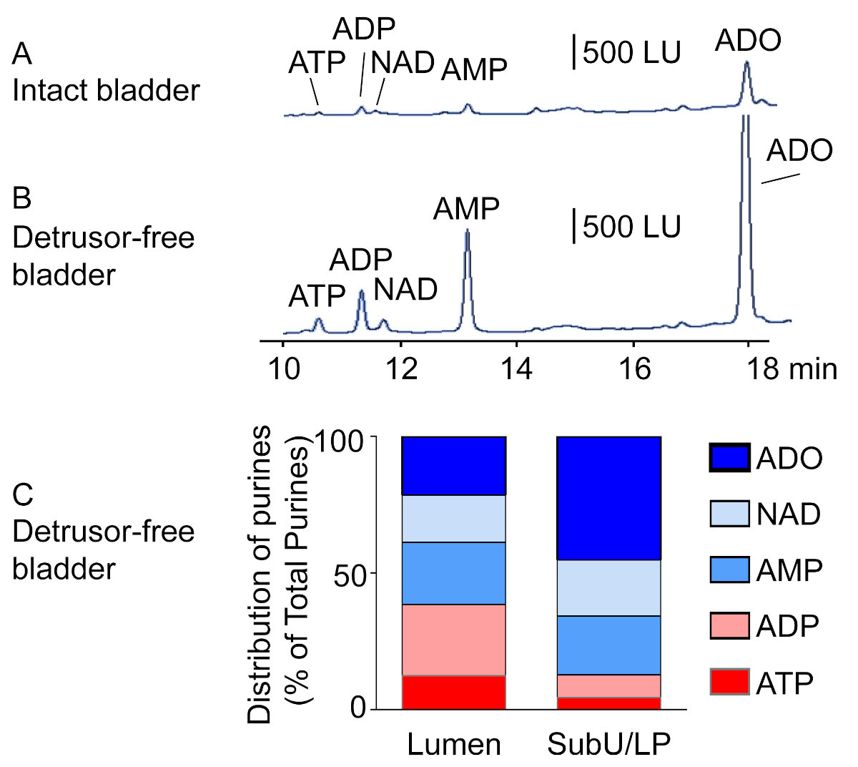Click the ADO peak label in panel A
pyautogui.click(x=748, y=41)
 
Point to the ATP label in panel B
pyautogui.click(x=317, y=296)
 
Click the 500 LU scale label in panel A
pyautogui.click(x=631, y=53)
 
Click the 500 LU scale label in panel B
pyautogui.click(x=631, y=227)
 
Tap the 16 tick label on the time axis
pyautogui.click(x=633, y=368)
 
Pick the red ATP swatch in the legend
pyautogui.click(x=729, y=682)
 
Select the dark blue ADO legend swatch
pyautogui.click(x=729, y=458)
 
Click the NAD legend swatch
pyautogui.click(x=729, y=514)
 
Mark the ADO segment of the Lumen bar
pyautogui.click(x=454, y=465)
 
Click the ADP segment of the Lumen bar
pyautogui.click(x=454, y=640)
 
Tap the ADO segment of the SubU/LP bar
pyautogui.click(x=608, y=498)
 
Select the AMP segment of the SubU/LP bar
pyautogui.click(x=608, y=645)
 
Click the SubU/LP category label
pyautogui.click(x=608, y=745)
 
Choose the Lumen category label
pyautogui.click(x=454, y=745)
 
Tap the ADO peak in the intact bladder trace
pyautogui.click(x=746, y=68)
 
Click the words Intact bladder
pyautogui.click(x=106, y=91)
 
